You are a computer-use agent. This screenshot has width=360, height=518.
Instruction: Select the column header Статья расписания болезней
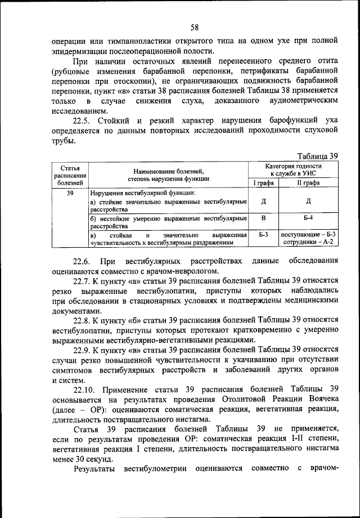(66, 175)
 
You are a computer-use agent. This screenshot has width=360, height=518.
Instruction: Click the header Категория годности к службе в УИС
(294, 171)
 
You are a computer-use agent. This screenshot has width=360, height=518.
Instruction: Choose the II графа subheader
(309, 183)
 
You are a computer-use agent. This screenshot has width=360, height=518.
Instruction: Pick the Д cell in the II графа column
(309, 201)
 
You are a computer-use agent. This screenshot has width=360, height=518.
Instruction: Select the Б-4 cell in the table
(309, 217)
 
